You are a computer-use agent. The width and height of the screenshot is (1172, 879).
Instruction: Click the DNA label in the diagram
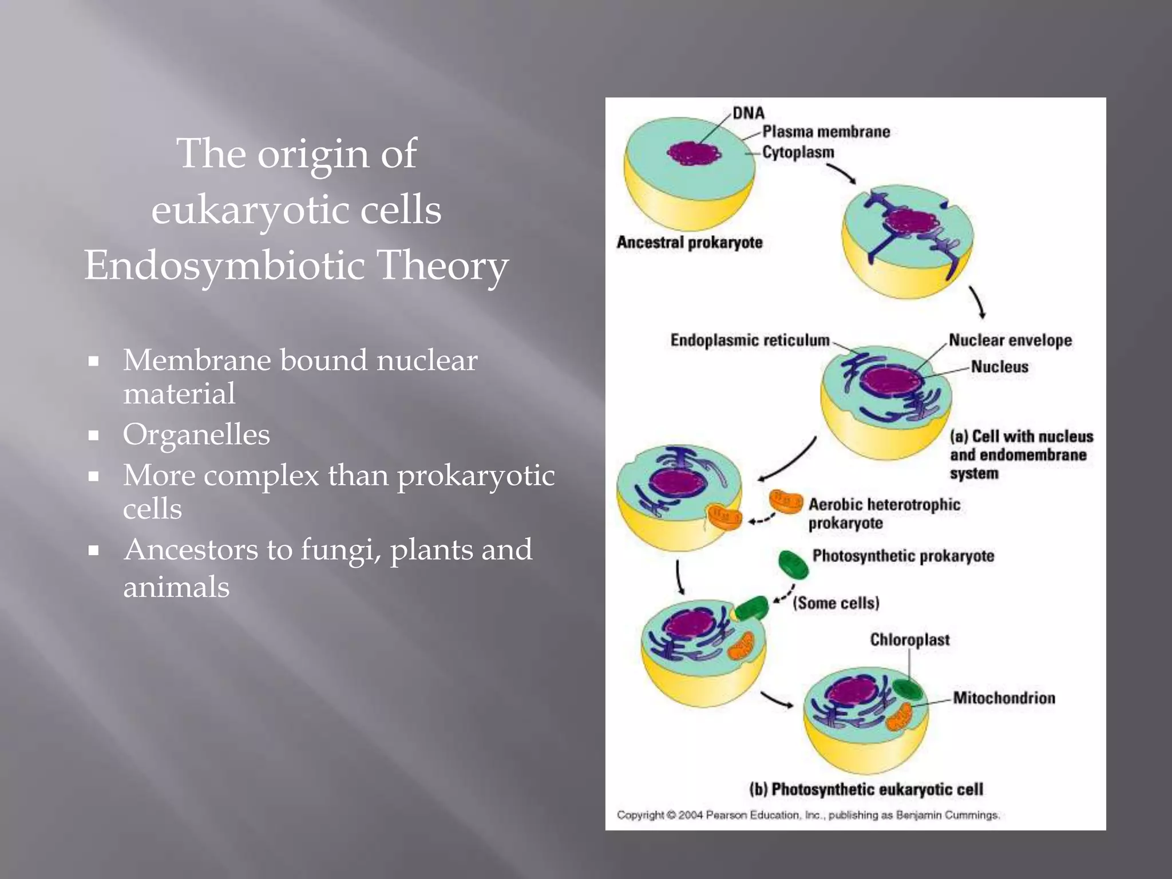tap(749, 113)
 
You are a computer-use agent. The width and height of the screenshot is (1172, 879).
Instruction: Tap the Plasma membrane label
tap(826, 132)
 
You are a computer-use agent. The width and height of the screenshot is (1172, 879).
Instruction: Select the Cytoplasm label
tap(798, 152)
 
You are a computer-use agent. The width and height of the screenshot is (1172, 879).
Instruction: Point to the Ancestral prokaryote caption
tap(689, 243)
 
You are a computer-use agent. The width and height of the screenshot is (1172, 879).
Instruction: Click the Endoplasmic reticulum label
tap(750, 340)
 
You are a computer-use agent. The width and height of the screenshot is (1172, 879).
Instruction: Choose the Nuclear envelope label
tap(1010, 340)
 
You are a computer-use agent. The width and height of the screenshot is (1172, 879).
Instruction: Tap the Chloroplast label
tap(910, 639)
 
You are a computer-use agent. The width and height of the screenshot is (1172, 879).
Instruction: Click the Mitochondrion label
tap(1004, 698)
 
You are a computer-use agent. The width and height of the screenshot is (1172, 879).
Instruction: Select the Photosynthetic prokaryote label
tap(903, 556)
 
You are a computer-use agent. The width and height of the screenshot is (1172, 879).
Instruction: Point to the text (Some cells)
tap(836, 603)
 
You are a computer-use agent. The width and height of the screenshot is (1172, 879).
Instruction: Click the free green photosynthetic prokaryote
tap(794, 564)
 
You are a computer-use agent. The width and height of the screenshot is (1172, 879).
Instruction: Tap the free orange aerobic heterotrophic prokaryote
tap(785, 502)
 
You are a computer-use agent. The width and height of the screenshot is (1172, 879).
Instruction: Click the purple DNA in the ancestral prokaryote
tap(694, 152)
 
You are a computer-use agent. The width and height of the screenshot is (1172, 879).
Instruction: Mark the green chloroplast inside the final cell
tap(908, 690)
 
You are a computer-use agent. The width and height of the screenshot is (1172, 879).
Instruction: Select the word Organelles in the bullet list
tap(196, 434)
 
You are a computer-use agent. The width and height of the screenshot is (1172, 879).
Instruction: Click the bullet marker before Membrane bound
tap(94, 361)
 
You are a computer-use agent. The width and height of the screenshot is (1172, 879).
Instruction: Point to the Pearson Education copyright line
tap(808, 815)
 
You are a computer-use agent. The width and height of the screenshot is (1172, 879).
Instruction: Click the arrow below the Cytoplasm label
tap(841, 173)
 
